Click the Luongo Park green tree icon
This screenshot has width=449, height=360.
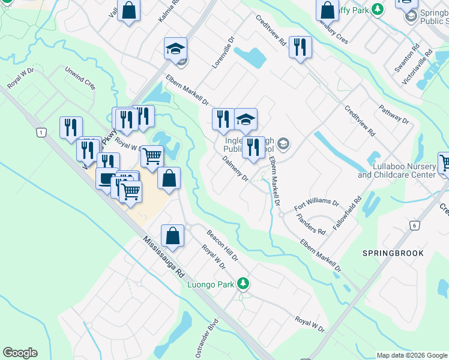(x=243, y=283)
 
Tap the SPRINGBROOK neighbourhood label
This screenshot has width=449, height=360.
(x=393, y=253)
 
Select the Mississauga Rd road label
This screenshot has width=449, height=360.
(x=163, y=257)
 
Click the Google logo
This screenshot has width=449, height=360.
(x=20, y=353)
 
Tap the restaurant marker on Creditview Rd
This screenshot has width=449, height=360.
(x=300, y=47)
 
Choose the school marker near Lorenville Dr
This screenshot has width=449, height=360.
(x=176, y=49)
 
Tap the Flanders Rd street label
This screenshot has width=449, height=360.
(x=313, y=223)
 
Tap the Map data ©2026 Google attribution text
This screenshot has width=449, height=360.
(x=412, y=355)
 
